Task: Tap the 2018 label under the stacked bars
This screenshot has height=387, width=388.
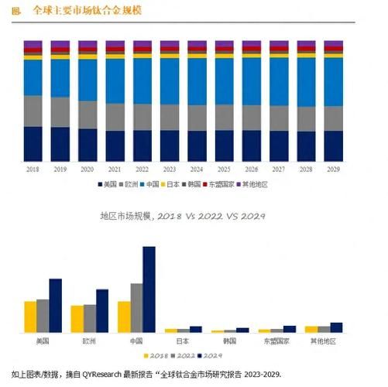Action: (33, 168)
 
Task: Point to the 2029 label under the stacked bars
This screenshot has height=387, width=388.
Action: (334, 168)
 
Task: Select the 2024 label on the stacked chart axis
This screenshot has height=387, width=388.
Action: (197, 168)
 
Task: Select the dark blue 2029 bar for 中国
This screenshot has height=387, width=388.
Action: (149, 289)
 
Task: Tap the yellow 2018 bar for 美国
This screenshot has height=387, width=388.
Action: (30, 317)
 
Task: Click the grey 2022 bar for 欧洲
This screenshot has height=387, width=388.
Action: (90, 318)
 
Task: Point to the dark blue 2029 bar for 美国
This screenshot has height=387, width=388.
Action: (55, 306)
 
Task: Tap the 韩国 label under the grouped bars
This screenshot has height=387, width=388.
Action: (230, 341)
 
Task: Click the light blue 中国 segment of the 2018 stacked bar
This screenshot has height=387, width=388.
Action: (33, 77)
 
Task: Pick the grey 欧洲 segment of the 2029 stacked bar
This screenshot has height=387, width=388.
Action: (334, 118)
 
